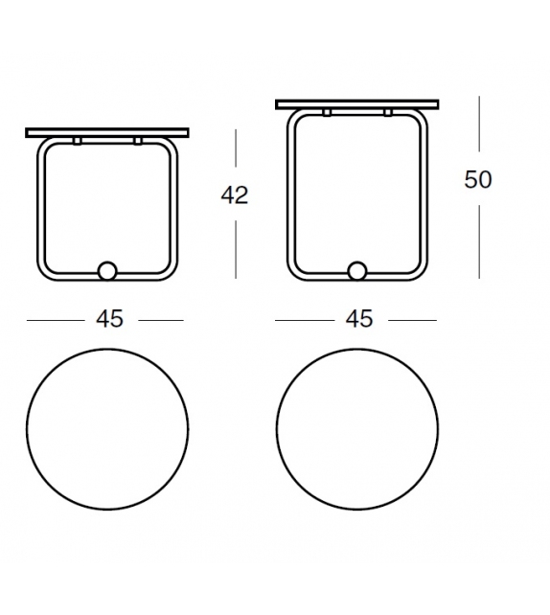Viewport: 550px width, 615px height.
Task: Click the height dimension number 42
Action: click(234, 195)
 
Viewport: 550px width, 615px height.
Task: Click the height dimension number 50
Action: click(477, 179)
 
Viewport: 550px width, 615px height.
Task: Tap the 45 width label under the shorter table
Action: click(109, 319)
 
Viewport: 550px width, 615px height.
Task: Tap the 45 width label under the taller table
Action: click(358, 319)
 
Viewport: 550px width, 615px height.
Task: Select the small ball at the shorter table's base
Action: click(107, 271)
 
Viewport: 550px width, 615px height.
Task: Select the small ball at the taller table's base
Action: click(357, 271)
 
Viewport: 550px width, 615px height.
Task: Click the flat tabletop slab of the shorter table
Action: click(107, 132)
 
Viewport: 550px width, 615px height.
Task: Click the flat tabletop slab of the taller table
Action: click(356, 103)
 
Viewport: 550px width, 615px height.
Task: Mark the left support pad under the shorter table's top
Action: click(77, 142)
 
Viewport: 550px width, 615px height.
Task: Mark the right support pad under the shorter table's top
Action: click(138, 142)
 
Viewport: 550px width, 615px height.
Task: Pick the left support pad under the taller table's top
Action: click(327, 113)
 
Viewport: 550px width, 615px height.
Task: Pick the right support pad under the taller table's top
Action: click(387, 113)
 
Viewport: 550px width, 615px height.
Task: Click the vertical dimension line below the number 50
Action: click(478, 239)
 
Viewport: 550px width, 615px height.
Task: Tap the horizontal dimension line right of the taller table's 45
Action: click(412, 320)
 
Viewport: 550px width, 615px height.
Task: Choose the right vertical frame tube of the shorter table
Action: click(176, 211)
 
